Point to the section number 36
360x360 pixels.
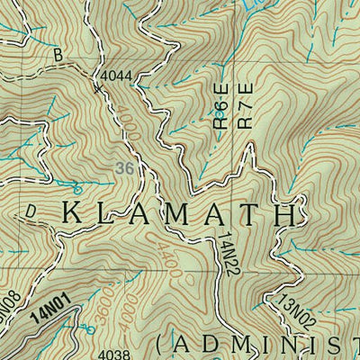(x=126, y=168)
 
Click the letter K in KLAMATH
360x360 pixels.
(x=74, y=214)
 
